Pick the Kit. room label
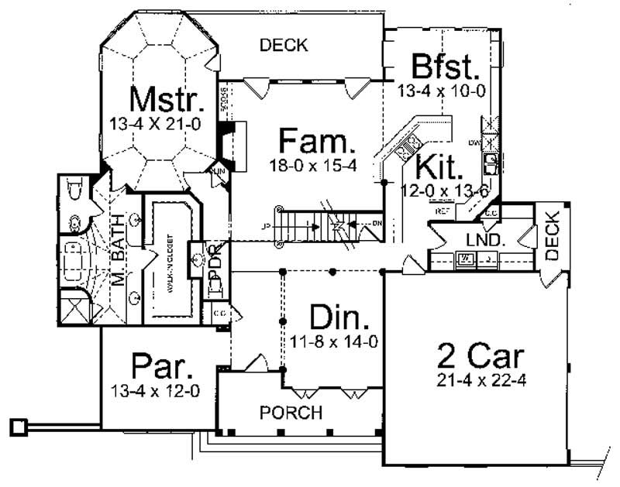tap(439, 166)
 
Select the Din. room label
tap(339, 317)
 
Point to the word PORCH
tap(291, 413)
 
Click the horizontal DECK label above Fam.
tap(284, 45)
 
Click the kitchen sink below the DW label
tap(491, 163)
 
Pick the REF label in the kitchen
tap(443, 210)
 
